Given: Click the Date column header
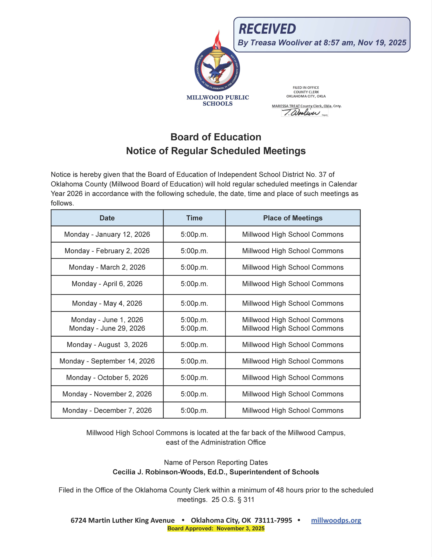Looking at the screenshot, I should [107, 218].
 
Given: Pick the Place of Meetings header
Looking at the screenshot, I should [293, 218].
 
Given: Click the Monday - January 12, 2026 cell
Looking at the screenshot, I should [107, 234].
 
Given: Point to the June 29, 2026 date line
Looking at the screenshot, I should [107, 328].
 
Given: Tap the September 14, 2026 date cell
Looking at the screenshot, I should [107, 361].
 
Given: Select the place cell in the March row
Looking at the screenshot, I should [293, 267].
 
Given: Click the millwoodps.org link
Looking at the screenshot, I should [336, 520].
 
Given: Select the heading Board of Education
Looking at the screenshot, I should [216, 137].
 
